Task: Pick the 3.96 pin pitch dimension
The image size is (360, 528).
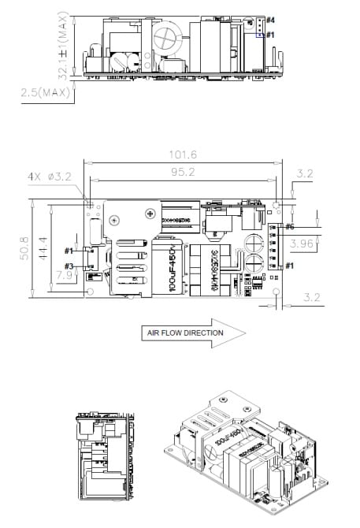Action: [302, 245]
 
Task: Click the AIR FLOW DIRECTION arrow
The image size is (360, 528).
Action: [192, 333]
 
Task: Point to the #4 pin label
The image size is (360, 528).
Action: [270, 19]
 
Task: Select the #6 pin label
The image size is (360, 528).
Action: [290, 227]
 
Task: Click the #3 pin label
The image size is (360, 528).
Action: [69, 266]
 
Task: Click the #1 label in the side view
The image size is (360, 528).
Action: [270, 35]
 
